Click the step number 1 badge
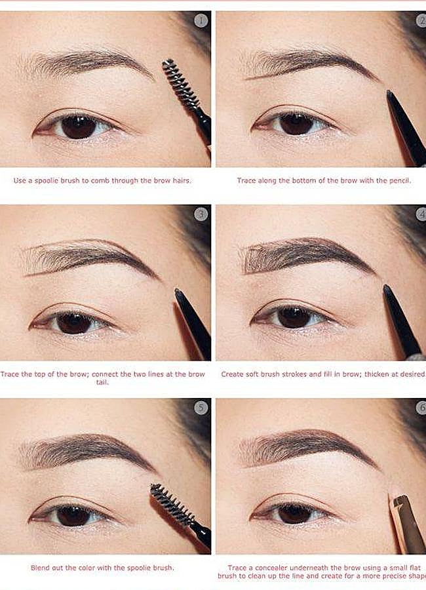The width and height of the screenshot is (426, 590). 201,20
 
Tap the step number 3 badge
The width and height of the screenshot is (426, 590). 201,214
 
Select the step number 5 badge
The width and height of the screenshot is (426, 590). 201,408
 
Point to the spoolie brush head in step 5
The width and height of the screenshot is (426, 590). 172,503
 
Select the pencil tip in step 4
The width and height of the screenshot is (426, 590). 387,288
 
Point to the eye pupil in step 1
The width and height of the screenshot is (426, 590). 79,126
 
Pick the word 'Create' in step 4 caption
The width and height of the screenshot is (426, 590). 233,374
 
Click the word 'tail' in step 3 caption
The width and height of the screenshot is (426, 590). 102,382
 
